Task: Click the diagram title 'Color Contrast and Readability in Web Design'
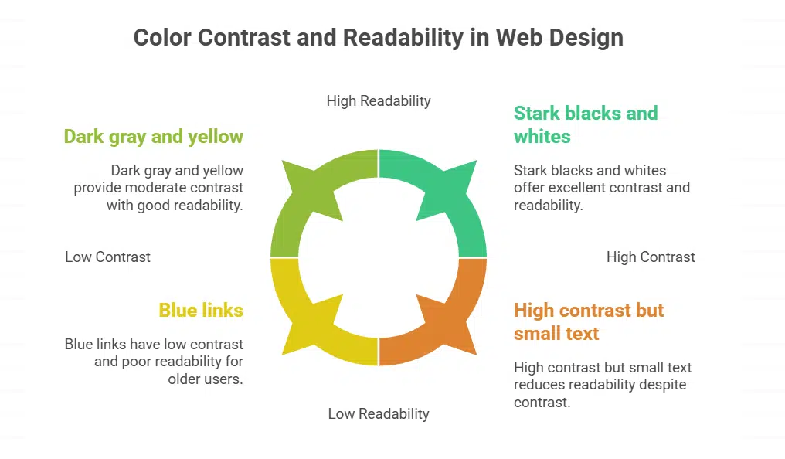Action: (x=378, y=38)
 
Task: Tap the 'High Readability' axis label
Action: (x=379, y=100)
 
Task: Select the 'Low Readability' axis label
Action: (x=379, y=413)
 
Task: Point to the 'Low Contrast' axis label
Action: (x=107, y=257)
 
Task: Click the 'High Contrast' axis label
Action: (x=651, y=257)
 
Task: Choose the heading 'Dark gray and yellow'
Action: (x=153, y=137)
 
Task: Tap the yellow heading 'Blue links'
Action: (x=201, y=310)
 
